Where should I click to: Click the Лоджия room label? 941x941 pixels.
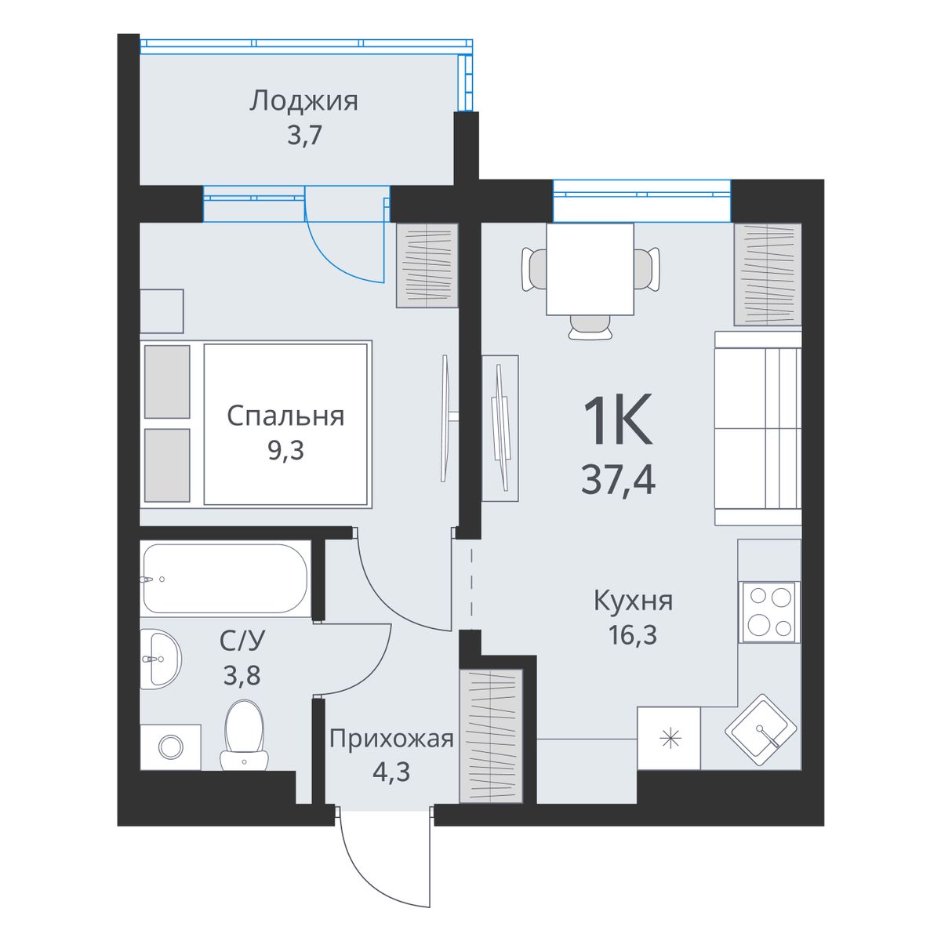click(x=303, y=102)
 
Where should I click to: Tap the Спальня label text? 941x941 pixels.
click(x=285, y=416)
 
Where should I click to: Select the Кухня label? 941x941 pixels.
click(x=634, y=601)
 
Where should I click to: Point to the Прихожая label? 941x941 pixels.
click(x=391, y=739)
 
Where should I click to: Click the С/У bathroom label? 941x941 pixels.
click(x=242, y=640)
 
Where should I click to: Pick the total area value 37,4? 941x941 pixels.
click(x=618, y=480)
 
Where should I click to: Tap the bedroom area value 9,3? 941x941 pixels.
click(x=285, y=450)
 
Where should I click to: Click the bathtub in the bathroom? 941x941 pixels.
click(x=226, y=578)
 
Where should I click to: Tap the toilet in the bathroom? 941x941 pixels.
click(x=244, y=736)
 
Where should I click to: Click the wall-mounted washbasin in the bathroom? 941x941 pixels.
click(x=161, y=659)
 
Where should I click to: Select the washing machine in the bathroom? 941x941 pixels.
click(x=170, y=747)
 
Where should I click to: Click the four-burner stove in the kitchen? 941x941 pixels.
click(x=770, y=612)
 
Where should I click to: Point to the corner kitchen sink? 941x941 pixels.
click(x=761, y=731)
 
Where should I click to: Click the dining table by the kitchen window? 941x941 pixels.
click(x=590, y=269)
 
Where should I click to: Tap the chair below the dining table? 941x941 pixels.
click(x=590, y=326)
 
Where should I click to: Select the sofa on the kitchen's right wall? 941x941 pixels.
click(x=758, y=428)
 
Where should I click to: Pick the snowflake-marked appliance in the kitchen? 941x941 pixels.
click(x=669, y=739)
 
